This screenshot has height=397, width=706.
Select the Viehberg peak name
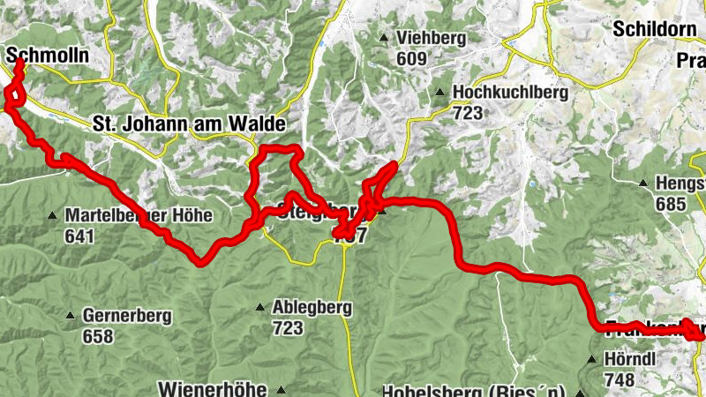coord(430,38)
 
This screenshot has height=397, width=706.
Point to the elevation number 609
coord(411,59)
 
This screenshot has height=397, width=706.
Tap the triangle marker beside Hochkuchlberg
coord(439,92)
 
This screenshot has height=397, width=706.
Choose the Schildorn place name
coord(654,28)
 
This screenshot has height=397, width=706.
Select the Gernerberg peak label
coord(127,315)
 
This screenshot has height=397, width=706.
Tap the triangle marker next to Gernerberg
coord(70,315)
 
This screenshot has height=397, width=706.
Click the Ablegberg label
coord(312,307)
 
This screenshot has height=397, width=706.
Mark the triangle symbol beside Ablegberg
coord(260,307)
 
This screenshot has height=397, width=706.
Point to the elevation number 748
coord(619,380)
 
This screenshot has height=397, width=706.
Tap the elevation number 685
coord(671,204)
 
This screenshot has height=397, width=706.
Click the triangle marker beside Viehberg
coord(384,38)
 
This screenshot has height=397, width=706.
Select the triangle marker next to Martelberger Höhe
coord(53,215)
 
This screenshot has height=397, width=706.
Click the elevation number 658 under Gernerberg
coord(98,336)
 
